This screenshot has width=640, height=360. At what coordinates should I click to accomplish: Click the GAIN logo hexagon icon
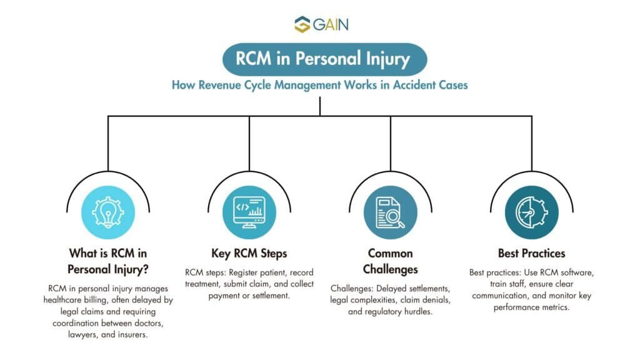click(x=302, y=24)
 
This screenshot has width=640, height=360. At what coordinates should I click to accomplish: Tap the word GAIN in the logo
click(x=330, y=25)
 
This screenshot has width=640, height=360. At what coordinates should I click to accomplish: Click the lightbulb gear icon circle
click(x=107, y=212)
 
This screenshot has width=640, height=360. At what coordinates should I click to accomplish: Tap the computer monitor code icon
click(x=249, y=212)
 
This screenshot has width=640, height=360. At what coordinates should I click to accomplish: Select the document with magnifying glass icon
click(x=391, y=212)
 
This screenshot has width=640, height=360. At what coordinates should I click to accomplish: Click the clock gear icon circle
click(x=532, y=212)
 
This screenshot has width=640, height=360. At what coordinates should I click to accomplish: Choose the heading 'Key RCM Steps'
click(x=249, y=253)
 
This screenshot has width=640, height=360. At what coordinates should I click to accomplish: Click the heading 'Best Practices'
click(x=532, y=253)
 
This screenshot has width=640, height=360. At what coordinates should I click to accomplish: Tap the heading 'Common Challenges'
click(x=391, y=261)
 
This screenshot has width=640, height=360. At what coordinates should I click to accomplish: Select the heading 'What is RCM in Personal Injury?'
click(x=107, y=261)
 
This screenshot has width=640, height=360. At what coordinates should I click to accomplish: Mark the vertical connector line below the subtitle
click(x=320, y=105)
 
